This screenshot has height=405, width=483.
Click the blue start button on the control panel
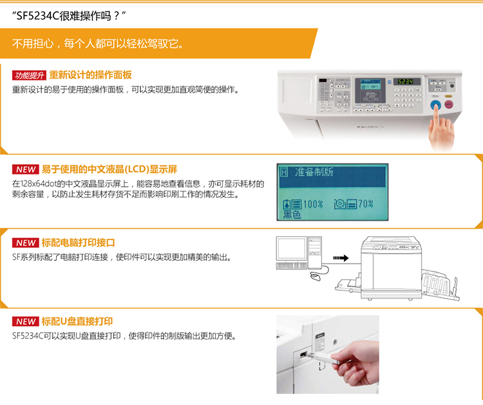435,106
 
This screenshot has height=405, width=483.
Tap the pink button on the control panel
449,104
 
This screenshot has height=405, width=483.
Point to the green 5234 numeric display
406,82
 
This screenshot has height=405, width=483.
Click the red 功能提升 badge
29,75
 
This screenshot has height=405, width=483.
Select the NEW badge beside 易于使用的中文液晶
26,169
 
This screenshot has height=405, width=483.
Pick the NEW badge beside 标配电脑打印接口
26,243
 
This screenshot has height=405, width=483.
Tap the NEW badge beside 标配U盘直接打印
26,321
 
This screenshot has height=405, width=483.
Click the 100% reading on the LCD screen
313,204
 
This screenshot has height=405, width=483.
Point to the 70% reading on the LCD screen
366,203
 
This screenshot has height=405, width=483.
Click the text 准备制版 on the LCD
314,172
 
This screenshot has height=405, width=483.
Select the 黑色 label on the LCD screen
292,214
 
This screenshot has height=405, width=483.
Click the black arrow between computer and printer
341,258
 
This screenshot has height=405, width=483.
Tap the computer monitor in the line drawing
291,249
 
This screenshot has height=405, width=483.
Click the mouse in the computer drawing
315,276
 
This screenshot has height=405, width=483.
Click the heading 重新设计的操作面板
90,75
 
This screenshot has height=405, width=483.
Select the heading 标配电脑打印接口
78,243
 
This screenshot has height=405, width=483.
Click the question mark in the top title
116,15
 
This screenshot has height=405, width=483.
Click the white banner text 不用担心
33,43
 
